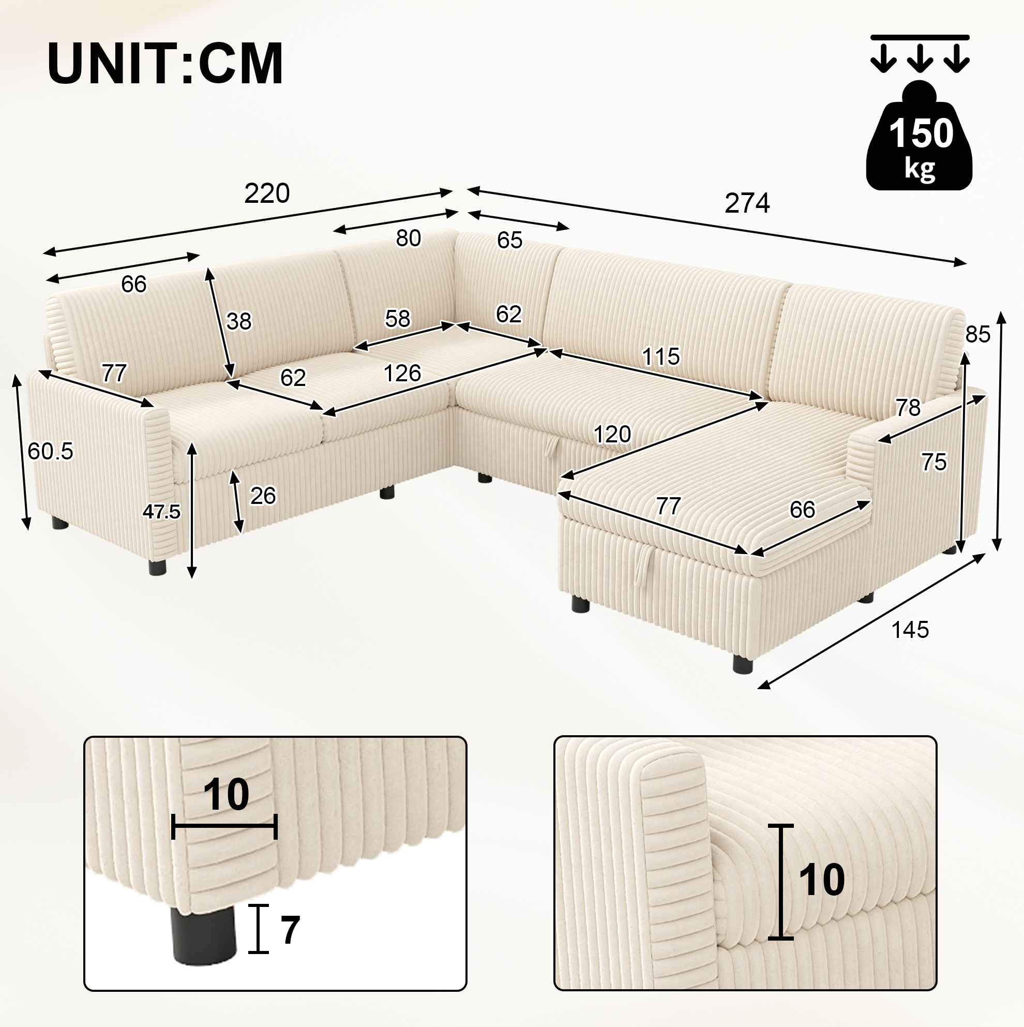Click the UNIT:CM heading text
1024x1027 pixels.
click(x=165, y=64)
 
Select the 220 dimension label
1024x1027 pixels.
click(x=267, y=194)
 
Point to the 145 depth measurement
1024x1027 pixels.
click(x=910, y=630)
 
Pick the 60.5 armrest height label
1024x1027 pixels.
click(x=51, y=451)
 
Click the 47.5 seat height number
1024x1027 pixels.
click(x=161, y=511)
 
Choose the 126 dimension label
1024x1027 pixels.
click(x=402, y=373)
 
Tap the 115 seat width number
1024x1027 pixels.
click(x=660, y=356)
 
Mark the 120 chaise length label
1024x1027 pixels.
click(x=612, y=434)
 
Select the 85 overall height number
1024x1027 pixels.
click(x=978, y=334)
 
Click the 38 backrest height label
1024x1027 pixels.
click(x=238, y=321)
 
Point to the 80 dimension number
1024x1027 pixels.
click(x=408, y=239)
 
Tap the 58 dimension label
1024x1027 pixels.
click(x=398, y=318)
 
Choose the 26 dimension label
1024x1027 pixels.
click(x=263, y=496)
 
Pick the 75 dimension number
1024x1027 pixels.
click(x=933, y=463)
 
